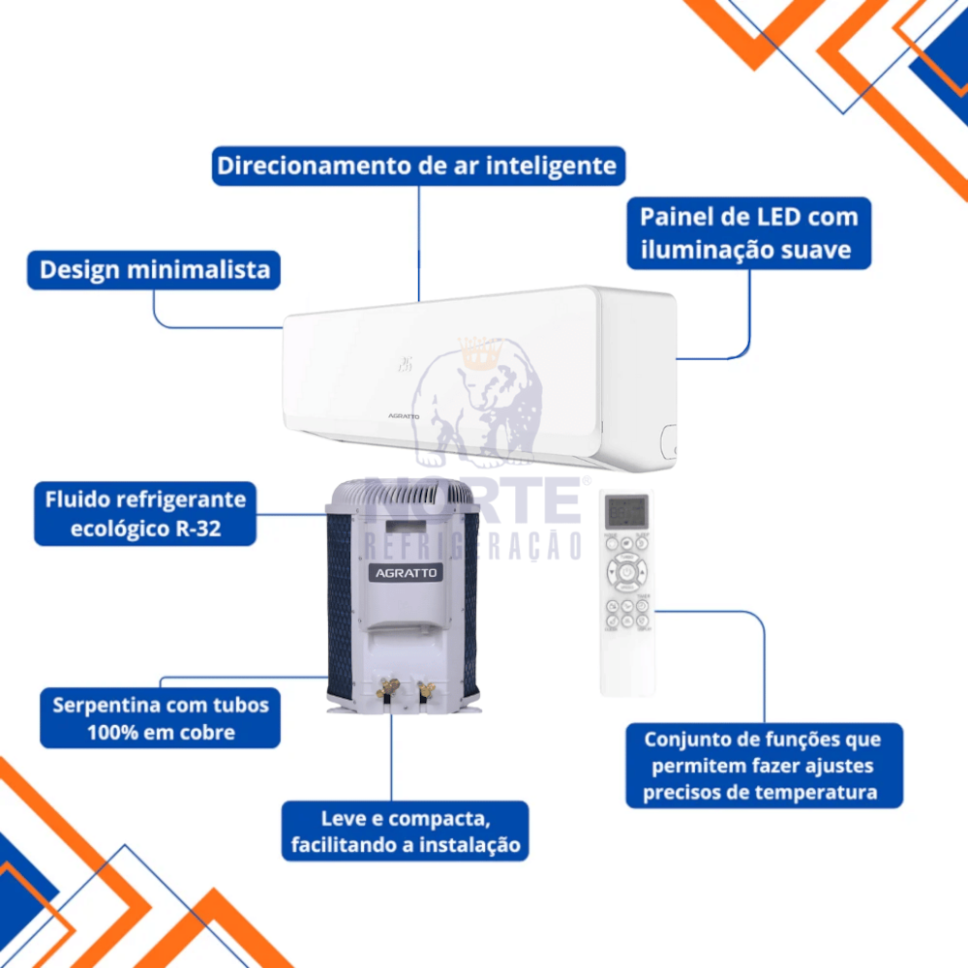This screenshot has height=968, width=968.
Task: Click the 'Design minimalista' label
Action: tap(154, 269)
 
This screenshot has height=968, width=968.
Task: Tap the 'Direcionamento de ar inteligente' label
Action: tap(417, 166)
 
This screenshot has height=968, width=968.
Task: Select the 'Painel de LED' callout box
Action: tap(748, 233)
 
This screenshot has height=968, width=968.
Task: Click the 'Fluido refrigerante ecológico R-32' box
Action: tap(145, 514)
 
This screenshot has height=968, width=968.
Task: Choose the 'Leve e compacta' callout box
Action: tap(406, 831)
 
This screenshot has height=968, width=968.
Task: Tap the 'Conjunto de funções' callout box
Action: tap(764, 766)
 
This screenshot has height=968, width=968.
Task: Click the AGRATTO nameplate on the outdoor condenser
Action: tap(406, 573)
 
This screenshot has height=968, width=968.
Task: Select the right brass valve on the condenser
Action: tap(424, 691)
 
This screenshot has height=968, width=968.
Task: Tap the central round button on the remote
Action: tap(627, 573)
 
